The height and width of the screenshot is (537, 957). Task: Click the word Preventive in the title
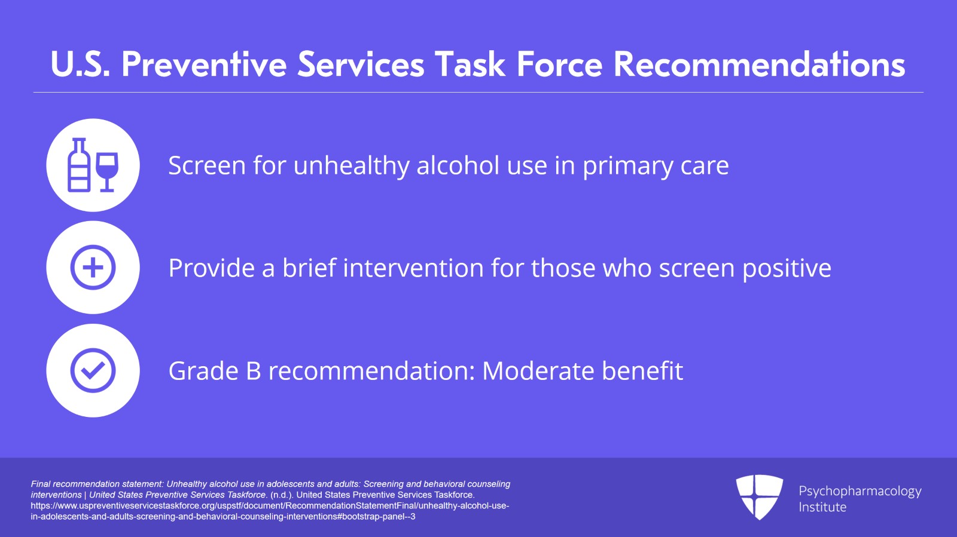[204, 65]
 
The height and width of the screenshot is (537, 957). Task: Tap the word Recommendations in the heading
[759, 65]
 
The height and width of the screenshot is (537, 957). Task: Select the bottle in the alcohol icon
[80, 165]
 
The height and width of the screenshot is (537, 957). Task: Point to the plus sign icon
[93, 268]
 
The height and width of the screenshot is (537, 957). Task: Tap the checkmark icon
[93, 370]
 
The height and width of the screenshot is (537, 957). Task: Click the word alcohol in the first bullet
[458, 165]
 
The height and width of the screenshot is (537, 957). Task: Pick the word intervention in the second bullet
[413, 268]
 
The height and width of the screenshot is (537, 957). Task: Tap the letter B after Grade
[254, 371]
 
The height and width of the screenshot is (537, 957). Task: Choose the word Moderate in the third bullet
[538, 371]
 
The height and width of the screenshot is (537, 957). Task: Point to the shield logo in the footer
[759, 497]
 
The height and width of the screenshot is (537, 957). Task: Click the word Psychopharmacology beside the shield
[860, 492]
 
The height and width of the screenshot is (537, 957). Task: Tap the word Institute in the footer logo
[822, 507]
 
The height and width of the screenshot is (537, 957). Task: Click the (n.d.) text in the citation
[282, 495]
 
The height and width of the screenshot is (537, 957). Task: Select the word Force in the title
[560, 65]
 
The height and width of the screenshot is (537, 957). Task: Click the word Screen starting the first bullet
[207, 165]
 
